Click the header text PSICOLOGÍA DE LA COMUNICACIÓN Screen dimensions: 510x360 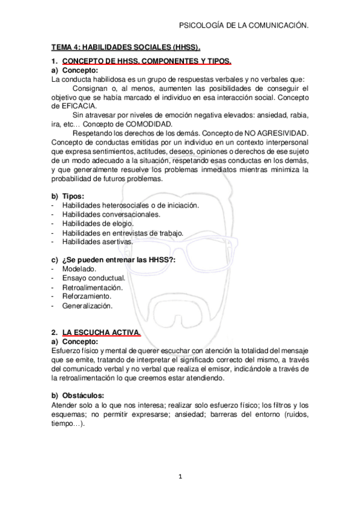[244, 26]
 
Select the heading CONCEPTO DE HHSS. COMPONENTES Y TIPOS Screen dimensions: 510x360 [146, 61]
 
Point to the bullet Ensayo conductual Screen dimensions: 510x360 [93, 278]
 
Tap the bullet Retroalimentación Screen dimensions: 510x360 [92, 287]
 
